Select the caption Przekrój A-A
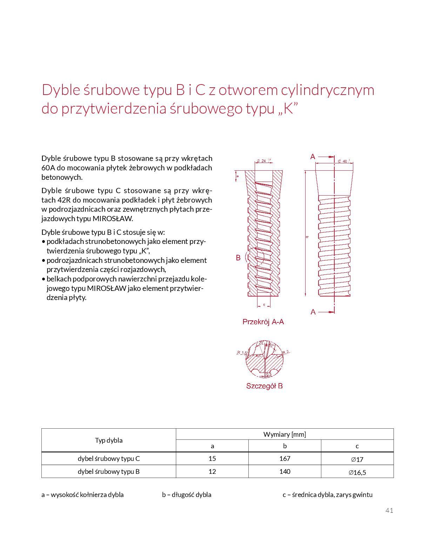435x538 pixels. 263,322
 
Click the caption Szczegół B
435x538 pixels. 264,386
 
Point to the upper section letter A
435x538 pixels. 313,157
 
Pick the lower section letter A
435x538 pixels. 313,312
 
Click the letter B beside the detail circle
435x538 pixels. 238,258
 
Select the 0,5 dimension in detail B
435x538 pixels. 269,374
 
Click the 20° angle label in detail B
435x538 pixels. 261,343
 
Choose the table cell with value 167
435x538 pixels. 285,458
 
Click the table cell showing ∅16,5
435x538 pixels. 357,472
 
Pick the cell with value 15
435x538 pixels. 212,458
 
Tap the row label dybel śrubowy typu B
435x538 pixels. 108,471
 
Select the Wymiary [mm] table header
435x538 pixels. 285,434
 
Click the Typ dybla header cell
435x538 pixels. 108,440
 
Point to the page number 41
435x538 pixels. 389,510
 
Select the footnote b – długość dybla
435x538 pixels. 187,495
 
